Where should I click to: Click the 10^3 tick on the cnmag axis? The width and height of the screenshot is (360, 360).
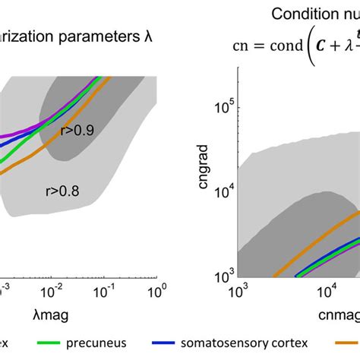(x=239, y=292)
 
